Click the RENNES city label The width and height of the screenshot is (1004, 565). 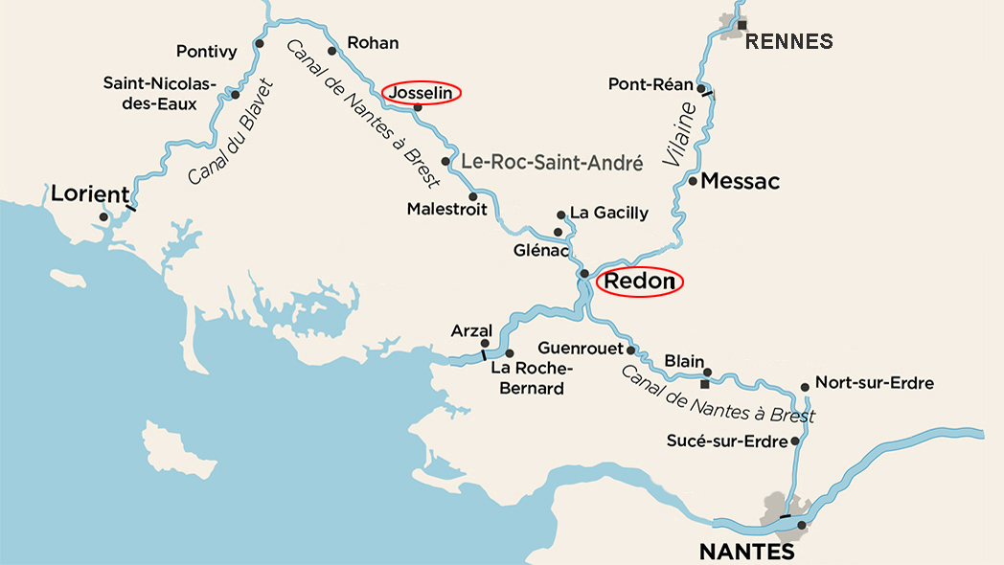point(788,41)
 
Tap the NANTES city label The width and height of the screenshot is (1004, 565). point(746,553)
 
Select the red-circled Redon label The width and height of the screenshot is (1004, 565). point(640,282)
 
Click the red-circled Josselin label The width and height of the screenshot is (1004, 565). point(422,92)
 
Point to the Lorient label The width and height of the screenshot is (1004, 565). point(89,194)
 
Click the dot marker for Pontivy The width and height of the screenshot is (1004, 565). point(259,43)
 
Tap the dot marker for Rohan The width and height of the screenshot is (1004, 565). point(332,51)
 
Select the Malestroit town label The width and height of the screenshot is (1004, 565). point(446,209)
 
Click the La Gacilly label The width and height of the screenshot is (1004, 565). point(608,213)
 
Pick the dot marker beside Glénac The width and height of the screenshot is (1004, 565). point(559,232)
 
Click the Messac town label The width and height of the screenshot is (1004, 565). point(741,181)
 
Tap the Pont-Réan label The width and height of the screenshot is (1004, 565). point(650,84)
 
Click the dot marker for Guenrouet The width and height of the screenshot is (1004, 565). point(631,350)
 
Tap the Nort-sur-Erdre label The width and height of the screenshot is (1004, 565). point(874,383)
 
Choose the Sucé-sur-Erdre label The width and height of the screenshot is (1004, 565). point(728,441)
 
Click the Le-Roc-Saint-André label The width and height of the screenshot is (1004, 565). point(552,163)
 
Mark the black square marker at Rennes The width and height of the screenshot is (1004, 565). point(742,24)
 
